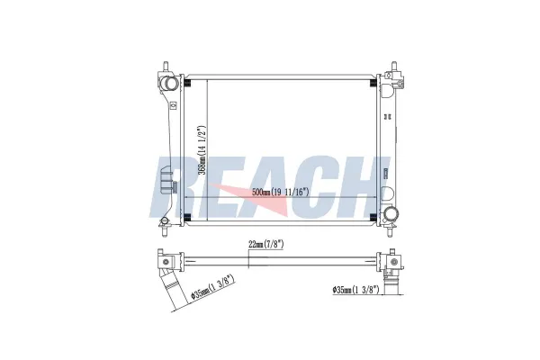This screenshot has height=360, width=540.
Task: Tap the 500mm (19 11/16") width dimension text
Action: (280, 193)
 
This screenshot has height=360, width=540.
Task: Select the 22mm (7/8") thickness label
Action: (265, 245)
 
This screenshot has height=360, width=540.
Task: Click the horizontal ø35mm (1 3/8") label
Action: (355, 290)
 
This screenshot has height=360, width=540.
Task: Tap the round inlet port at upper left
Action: (169, 84)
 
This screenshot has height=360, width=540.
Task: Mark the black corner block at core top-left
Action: (188, 84)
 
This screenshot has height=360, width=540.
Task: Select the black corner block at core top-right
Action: (373, 84)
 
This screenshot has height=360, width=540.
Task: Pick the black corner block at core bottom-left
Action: (188, 218)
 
